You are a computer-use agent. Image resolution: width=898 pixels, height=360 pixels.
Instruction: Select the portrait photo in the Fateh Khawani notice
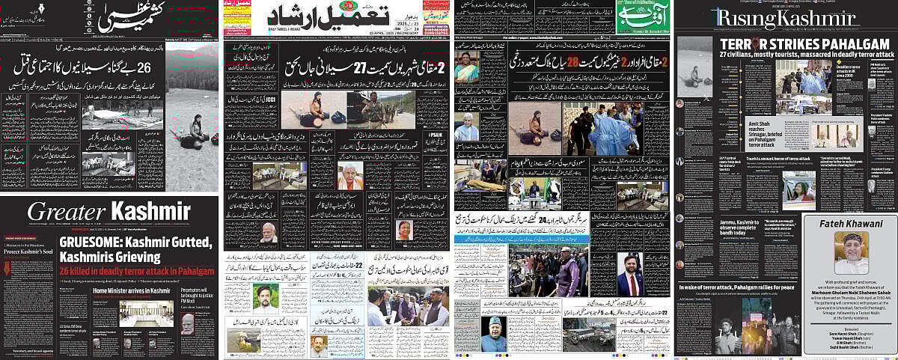pos(852,253)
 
